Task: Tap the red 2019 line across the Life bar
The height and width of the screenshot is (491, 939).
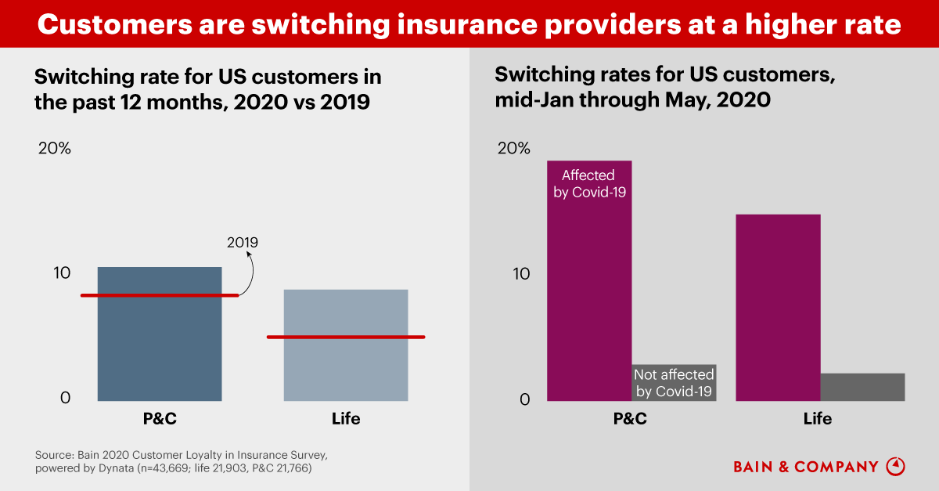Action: click(346, 337)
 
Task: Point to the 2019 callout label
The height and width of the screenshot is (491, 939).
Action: click(242, 243)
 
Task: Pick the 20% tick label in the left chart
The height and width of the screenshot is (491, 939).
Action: click(55, 148)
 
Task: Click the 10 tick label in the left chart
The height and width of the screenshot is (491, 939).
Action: click(62, 273)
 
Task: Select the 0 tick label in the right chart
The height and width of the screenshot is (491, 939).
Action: click(525, 399)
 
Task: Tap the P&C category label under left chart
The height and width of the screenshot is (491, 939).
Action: click(160, 419)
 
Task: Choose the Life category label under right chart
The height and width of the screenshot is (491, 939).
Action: click(818, 419)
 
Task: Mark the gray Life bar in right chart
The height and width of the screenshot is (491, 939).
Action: click(862, 387)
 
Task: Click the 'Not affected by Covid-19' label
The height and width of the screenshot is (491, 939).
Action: click(674, 383)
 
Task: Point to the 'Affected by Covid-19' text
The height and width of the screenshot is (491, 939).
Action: click(589, 183)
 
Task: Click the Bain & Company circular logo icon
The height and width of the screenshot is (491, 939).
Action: click(895, 466)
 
